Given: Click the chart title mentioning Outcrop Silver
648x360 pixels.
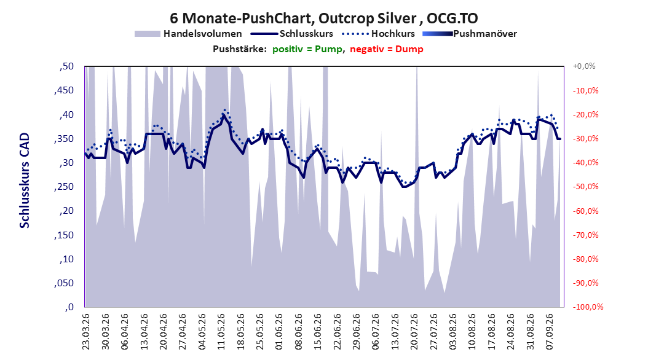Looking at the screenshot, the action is tap(323, 18).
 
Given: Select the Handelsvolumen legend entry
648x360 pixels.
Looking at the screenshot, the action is tap(188, 34).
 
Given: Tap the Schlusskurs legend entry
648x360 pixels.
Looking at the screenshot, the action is tap(292, 34).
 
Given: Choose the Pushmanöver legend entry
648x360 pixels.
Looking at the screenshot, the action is tap(470, 34).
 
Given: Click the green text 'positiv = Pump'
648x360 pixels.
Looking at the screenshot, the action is tap(307, 49).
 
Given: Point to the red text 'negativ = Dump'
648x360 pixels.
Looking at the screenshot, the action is tap(387, 49).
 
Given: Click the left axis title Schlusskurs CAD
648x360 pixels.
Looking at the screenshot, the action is tap(25, 181).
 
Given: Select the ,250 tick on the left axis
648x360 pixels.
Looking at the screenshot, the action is tap(64, 187).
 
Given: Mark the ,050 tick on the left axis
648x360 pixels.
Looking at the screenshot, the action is tap(64, 283).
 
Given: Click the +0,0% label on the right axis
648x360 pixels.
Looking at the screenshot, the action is tap(584, 66).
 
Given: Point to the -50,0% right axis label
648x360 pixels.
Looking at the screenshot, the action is tap(585, 187).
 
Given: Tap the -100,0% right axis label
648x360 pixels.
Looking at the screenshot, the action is tap(588, 307).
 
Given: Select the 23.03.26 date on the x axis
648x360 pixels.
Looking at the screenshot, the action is tap(86, 332).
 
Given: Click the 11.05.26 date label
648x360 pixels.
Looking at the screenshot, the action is tap(221, 332).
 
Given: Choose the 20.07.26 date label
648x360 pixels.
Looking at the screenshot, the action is tap(414, 332).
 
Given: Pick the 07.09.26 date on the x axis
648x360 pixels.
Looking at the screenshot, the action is tap(549, 332).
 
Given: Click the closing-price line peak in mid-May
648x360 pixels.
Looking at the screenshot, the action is tap(224, 115).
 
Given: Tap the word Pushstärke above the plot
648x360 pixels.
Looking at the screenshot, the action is tap(240, 49).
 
